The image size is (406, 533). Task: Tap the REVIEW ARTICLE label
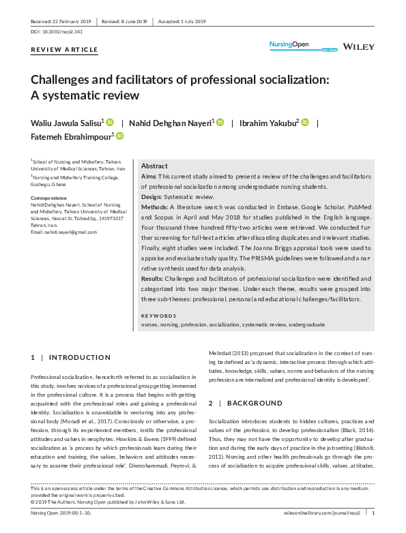65,50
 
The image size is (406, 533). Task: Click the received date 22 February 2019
62,20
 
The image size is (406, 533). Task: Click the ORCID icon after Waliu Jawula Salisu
110,122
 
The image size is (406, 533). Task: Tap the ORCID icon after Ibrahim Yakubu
305,122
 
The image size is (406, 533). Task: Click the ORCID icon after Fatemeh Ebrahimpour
119,136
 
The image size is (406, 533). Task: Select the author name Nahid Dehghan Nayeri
170,123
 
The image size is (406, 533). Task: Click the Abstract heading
154,166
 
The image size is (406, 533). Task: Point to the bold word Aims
149,177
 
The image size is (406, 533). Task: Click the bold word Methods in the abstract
154,206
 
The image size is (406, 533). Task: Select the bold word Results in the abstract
153,279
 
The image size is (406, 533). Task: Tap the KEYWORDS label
159,316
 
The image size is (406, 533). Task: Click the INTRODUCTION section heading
79,357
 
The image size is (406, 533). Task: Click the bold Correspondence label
49,198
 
